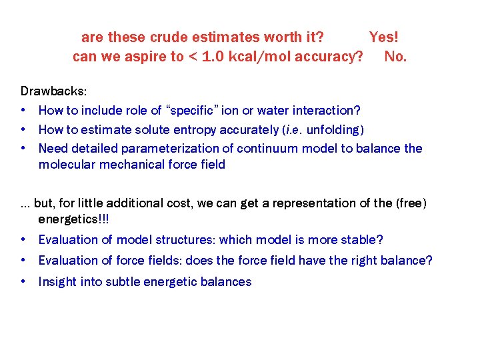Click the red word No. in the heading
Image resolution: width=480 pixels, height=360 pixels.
pyautogui.click(x=395, y=57)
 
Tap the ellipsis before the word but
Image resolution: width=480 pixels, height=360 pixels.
pyautogui.click(x=25, y=203)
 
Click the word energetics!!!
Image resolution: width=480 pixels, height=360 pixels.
pyautogui.click(x=73, y=219)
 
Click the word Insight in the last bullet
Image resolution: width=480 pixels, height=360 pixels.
pyautogui.click(x=57, y=281)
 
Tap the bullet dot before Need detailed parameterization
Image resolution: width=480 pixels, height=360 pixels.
pyautogui.click(x=24, y=148)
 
